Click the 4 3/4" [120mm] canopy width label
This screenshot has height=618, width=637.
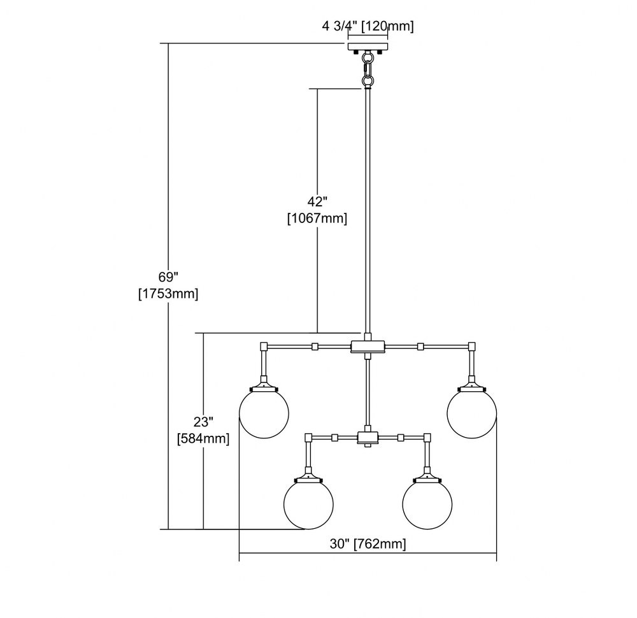click(x=368, y=27)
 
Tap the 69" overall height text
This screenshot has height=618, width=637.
click(x=168, y=277)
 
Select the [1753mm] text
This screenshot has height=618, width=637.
click(x=168, y=293)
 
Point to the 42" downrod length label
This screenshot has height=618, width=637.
click(x=317, y=201)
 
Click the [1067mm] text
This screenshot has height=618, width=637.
click(x=317, y=218)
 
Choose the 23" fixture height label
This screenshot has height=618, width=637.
click(x=203, y=422)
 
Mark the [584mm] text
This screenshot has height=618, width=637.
click(x=203, y=438)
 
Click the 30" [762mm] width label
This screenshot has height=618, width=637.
click(x=368, y=543)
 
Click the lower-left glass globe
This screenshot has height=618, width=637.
click(x=309, y=504)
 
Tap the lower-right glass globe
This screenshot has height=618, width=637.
click(x=427, y=504)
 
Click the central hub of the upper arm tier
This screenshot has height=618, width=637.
click(x=368, y=347)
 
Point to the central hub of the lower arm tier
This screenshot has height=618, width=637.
click(x=368, y=437)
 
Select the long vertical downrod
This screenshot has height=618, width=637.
click(x=368, y=211)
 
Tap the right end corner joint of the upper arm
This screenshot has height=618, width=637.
click(x=471, y=347)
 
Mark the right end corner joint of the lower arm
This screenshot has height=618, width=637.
click(x=427, y=438)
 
